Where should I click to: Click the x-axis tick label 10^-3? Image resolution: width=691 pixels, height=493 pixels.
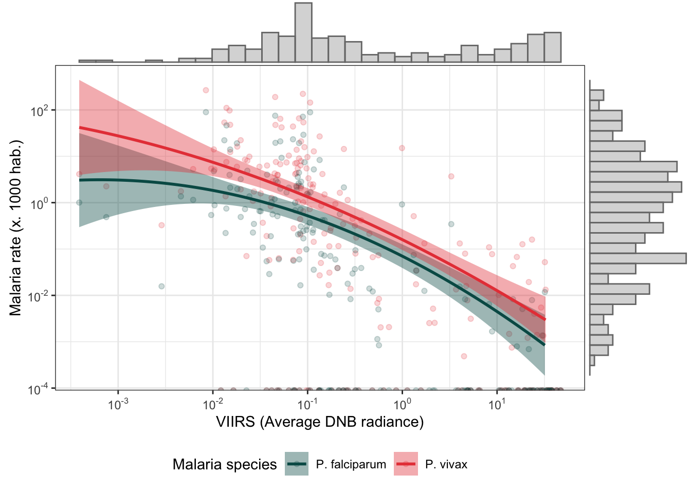(118, 404)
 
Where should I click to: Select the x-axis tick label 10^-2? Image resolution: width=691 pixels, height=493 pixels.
(212, 404)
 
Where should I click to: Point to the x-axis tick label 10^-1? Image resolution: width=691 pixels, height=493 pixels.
(307, 404)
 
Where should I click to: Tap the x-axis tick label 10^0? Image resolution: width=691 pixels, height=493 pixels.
(402, 404)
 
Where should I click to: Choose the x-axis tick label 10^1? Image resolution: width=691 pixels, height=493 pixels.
(497, 404)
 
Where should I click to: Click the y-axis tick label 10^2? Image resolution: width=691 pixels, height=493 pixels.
(40, 110)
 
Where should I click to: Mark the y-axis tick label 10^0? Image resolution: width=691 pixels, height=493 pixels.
(40, 203)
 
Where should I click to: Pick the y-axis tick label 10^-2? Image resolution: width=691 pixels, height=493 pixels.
(39, 296)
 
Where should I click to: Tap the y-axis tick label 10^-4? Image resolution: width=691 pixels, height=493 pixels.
(39, 388)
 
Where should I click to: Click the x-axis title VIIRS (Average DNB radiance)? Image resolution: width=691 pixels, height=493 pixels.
(320, 422)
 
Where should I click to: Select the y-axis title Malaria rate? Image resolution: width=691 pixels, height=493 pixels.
(16, 227)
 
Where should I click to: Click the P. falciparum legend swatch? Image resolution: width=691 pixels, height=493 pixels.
(297, 464)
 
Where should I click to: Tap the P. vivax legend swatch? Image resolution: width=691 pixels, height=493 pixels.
(406, 464)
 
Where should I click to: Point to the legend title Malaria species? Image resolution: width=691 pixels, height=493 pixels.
(225, 465)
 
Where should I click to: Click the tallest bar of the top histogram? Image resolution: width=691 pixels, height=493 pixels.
(303, 33)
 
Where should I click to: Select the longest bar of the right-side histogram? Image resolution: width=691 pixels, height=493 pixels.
(638, 258)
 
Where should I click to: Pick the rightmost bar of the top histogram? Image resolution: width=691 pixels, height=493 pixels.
(552, 48)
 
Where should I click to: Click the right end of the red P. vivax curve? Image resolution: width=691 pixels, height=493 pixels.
(544, 319)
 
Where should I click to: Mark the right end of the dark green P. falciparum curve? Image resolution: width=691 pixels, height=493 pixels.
(544, 344)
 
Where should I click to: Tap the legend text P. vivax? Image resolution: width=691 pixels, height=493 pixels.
(446, 465)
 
